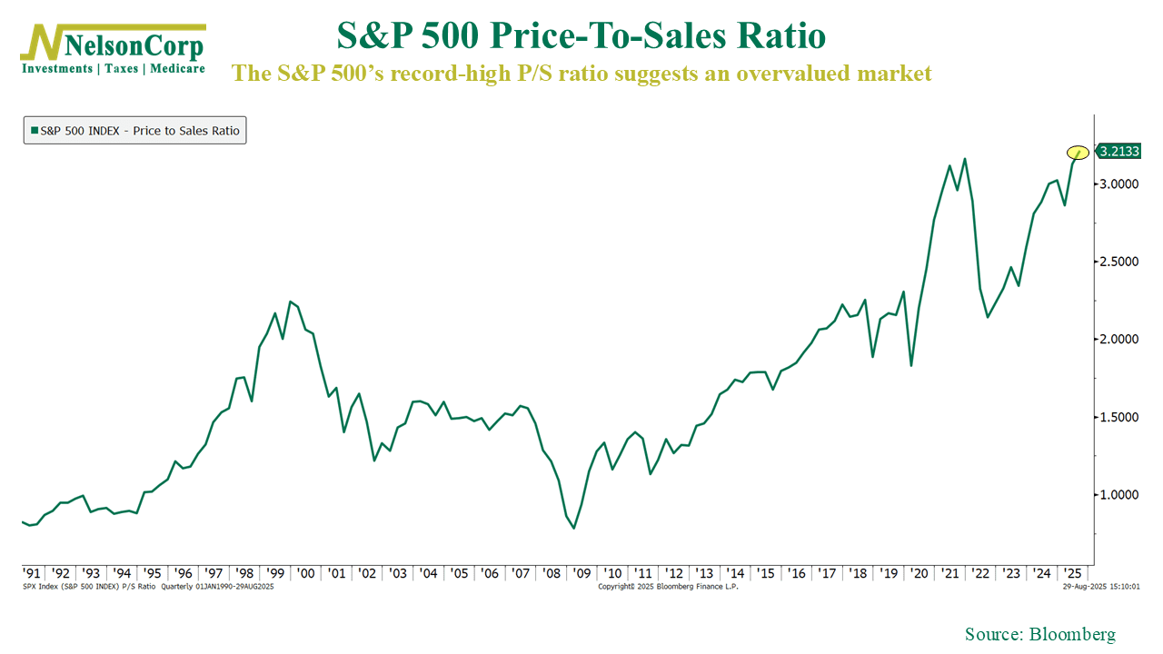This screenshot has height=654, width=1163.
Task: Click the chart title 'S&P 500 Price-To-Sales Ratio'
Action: coord(581,36)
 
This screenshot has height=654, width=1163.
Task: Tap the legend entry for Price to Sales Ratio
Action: coord(135,131)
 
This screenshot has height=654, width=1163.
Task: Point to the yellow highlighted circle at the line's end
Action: coord(1078,152)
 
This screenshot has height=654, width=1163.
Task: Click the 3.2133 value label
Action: coord(1119,152)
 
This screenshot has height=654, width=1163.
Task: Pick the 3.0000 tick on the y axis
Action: coord(1119,184)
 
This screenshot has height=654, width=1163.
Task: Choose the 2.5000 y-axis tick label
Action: coord(1119,262)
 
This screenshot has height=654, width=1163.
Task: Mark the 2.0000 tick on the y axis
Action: coord(1119,340)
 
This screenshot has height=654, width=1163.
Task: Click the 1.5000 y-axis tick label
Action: coord(1119,418)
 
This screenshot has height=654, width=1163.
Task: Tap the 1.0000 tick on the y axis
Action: coord(1119,495)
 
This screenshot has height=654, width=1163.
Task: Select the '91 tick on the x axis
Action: coord(31,573)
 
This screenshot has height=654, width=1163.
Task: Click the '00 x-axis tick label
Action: coord(306,573)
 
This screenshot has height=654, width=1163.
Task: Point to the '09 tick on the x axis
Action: coord(581,573)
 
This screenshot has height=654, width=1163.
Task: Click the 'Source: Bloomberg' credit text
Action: coord(1039,634)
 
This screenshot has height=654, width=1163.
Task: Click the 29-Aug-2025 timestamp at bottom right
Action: coord(1101,587)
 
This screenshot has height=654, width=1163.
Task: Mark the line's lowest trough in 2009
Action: coord(573,528)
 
